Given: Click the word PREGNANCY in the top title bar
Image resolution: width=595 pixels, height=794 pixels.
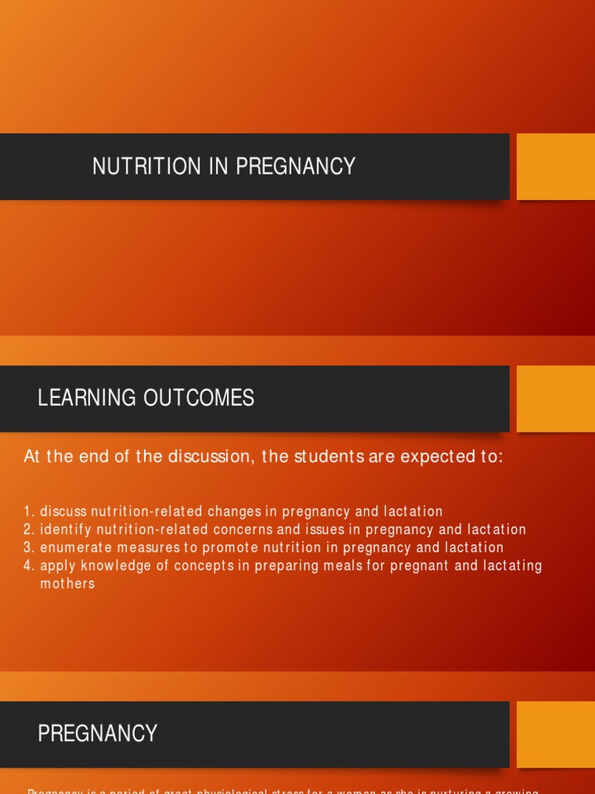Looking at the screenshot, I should tap(295, 167).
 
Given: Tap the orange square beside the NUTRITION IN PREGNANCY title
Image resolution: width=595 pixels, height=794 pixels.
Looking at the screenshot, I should tap(555, 167).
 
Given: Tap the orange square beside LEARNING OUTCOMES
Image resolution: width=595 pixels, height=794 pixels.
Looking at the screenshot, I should tap(555, 399).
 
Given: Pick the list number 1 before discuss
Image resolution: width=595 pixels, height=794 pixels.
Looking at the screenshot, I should tap(28, 512).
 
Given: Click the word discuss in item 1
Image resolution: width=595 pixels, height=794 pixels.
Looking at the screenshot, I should tap(64, 512).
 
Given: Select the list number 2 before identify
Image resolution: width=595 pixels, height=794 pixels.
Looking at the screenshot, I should tap(28, 530).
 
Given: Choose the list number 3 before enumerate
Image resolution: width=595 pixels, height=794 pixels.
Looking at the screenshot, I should tap(28, 547).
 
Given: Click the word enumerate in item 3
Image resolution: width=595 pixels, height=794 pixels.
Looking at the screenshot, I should tap(76, 547).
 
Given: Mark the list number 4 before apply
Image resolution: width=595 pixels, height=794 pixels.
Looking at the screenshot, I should tap(28, 565).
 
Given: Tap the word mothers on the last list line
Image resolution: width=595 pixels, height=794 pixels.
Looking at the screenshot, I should tap(67, 583).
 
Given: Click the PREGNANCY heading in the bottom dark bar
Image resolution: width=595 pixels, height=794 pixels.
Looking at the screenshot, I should tap(98, 734).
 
